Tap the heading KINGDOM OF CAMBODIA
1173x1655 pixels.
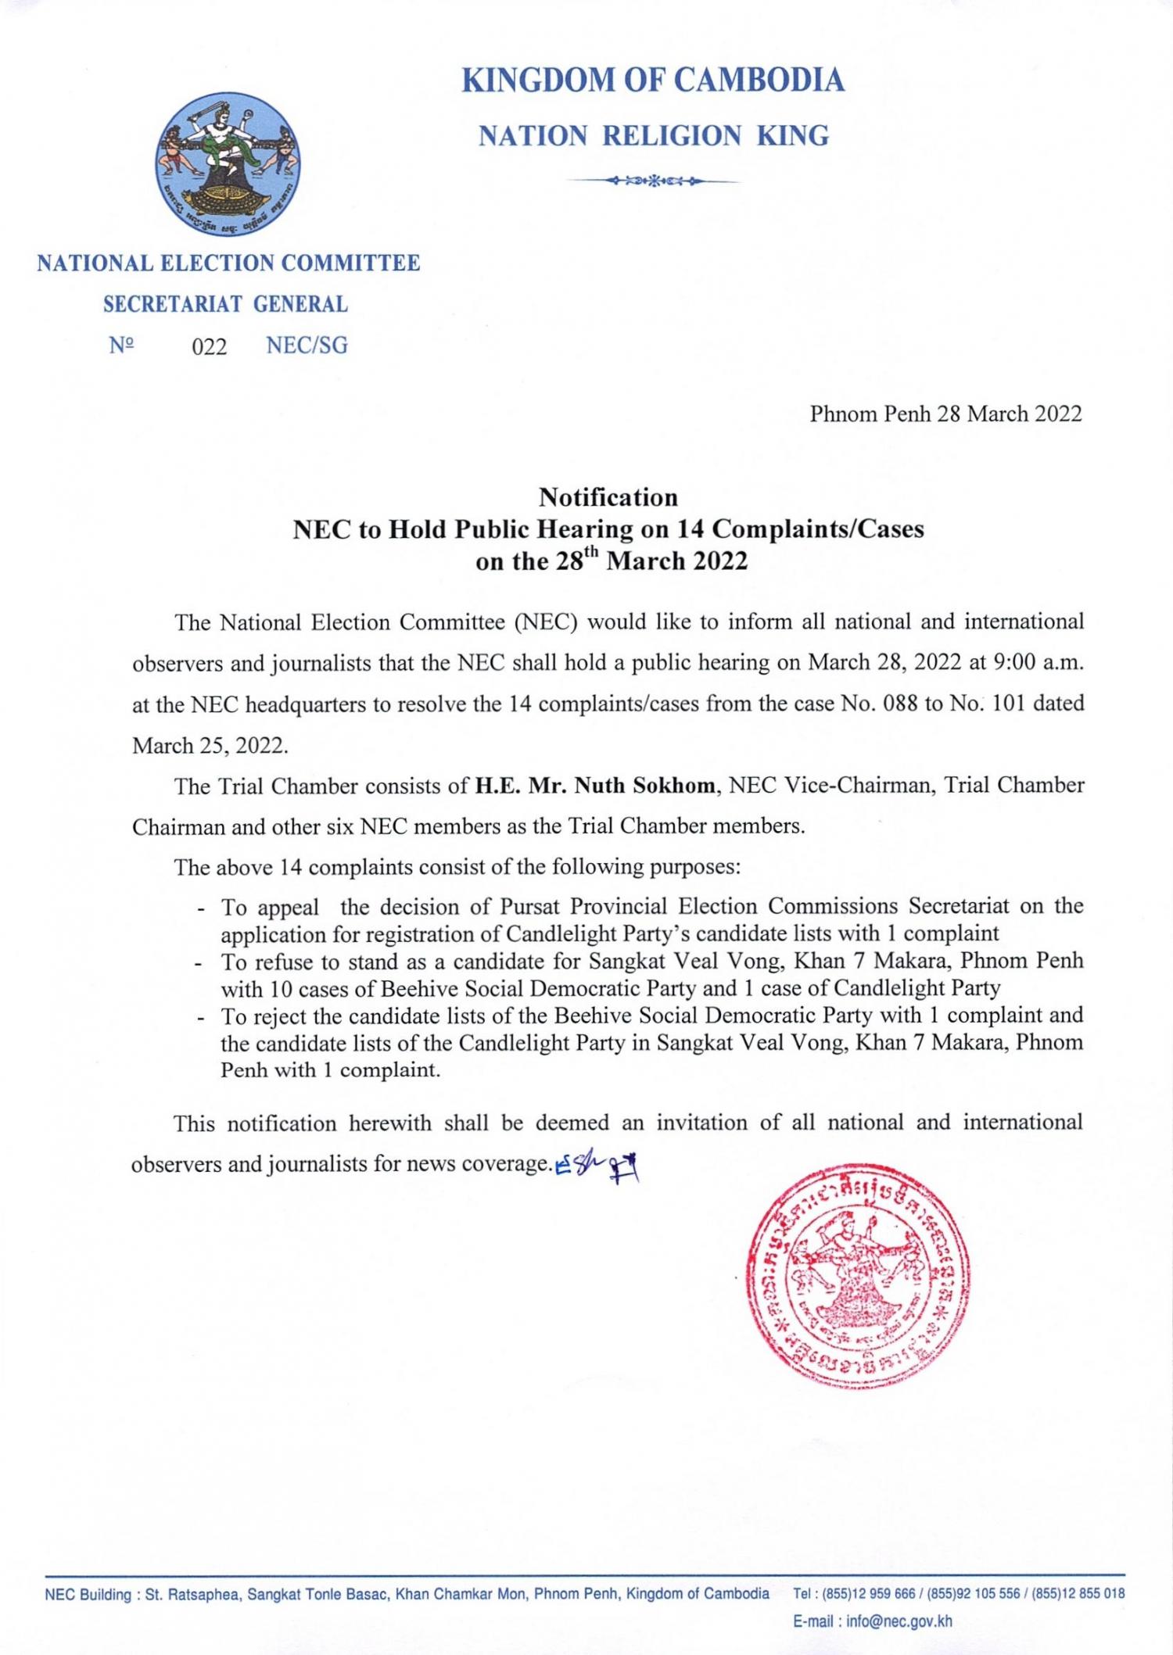(x=653, y=81)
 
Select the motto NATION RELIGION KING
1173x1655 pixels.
(x=653, y=137)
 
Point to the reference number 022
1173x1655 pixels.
(x=210, y=346)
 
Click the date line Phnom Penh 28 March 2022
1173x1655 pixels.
(x=945, y=414)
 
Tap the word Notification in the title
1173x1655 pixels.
(x=608, y=497)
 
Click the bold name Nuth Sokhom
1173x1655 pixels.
(x=645, y=786)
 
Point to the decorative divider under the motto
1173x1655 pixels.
(x=653, y=181)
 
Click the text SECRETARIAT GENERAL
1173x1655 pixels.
(x=226, y=304)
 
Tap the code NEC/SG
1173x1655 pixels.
(x=307, y=346)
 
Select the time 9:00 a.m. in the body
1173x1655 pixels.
(x=1038, y=663)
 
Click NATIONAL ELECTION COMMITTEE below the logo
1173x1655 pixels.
(x=228, y=263)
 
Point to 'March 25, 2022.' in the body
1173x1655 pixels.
(x=210, y=745)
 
